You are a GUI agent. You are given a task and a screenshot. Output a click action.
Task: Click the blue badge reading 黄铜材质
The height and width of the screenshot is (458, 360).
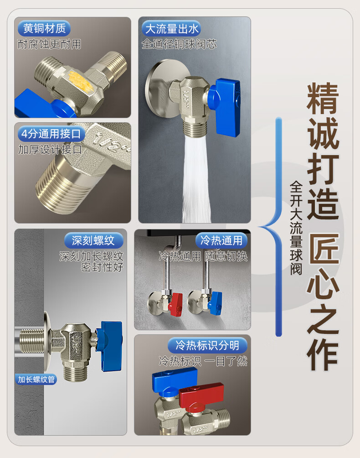[44, 29]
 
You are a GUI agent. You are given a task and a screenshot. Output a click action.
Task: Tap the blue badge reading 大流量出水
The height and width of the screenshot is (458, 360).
[171, 29]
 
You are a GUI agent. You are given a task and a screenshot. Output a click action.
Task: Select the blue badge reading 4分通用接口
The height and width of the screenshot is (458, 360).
[51, 134]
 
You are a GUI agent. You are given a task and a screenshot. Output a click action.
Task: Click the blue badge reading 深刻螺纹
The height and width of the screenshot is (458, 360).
[94, 240]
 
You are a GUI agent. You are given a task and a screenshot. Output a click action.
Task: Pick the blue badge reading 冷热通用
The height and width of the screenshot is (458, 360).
[221, 240]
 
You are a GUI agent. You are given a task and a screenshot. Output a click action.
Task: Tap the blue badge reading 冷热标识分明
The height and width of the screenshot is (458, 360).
[207, 345]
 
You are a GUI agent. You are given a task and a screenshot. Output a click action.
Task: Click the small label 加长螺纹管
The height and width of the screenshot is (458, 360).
[36, 379]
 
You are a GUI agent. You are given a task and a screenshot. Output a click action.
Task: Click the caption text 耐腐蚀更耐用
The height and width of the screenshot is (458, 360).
[49, 44]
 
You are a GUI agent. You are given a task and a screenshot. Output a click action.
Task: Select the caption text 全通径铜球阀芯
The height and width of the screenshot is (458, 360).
[179, 44]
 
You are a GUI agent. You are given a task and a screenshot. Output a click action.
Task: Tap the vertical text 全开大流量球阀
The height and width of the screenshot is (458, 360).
[296, 228]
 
